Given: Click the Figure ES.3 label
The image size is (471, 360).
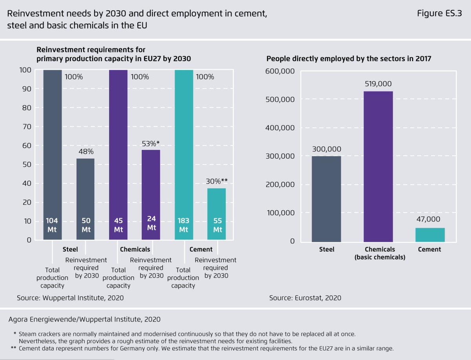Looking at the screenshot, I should click(x=440, y=14).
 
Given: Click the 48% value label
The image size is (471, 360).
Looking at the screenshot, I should click(x=86, y=152).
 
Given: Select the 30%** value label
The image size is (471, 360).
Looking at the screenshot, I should click(x=217, y=181).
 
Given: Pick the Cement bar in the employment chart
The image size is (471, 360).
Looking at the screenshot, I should click(x=430, y=235).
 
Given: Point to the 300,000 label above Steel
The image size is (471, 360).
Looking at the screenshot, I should click(x=327, y=149).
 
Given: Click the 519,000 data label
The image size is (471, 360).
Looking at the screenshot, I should click(x=378, y=84).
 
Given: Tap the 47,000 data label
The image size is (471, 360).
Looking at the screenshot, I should click(x=430, y=219).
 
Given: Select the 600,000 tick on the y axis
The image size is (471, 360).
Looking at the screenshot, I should click(x=280, y=71).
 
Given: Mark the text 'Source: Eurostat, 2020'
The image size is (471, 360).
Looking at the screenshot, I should click(x=305, y=298).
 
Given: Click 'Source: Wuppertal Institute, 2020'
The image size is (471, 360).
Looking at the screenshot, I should click(x=70, y=298).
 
